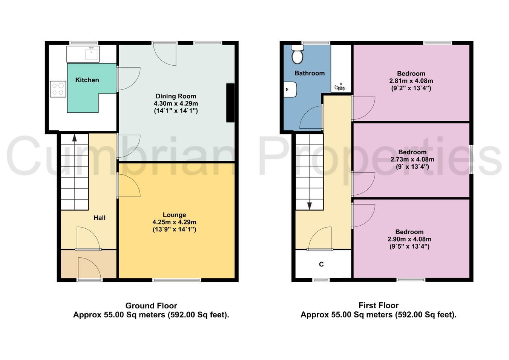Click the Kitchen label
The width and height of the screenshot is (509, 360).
(x=87, y=80)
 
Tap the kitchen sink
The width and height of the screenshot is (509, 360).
(x=92, y=53)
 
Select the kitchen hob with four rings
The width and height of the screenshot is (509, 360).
(x=58, y=89)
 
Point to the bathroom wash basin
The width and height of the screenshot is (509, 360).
(x=290, y=89)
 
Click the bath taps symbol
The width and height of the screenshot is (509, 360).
(x=340, y=87)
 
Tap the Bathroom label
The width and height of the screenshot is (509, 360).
(x=310, y=73)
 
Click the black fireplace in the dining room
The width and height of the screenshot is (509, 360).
(x=230, y=103)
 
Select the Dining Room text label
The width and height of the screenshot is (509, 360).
(x=176, y=96)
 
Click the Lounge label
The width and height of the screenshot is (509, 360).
(x=174, y=215)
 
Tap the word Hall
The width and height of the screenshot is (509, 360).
(x=100, y=218)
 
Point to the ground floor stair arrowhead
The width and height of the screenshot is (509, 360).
(x=75, y=138)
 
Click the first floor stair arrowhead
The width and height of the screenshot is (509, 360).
(x=309, y=206)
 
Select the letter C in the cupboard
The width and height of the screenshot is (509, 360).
(x=321, y=264)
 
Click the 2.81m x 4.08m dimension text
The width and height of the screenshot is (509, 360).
(x=411, y=81)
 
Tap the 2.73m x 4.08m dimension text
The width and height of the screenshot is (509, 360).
(x=412, y=159)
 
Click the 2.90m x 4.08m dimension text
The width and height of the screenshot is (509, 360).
(x=409, y=239)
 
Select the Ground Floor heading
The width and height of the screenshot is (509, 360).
(x=151, y=305)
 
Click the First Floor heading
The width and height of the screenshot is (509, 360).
(x=379, y=305)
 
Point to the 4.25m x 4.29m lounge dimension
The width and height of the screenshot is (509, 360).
(x=174, y=222)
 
